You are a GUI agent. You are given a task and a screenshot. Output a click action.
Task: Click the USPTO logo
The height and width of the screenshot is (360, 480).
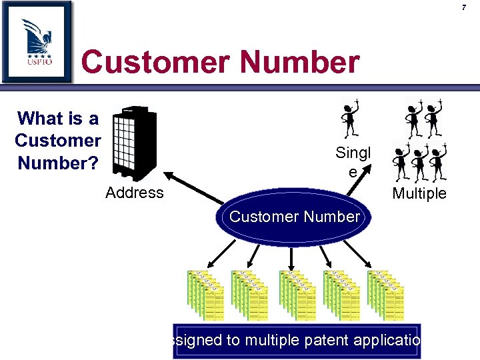click(37, 41)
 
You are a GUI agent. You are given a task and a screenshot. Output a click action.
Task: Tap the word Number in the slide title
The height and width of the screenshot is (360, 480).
click(299, 63)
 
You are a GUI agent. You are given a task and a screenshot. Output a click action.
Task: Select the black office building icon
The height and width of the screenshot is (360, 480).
click(134, 143)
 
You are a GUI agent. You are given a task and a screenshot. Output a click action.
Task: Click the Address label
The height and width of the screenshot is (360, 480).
click(134, 193)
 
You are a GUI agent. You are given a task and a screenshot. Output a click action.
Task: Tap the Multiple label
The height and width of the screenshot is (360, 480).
click(419, 193)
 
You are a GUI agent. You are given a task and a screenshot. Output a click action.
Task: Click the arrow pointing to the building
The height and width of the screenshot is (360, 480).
click(193, 186)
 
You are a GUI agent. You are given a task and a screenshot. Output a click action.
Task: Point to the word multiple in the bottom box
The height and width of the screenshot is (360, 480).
click(271, 341)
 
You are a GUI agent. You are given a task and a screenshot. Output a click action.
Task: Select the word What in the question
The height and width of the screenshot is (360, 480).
click(40, 119)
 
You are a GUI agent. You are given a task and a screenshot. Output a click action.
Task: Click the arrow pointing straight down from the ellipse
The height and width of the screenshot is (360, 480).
click(290, 255)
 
